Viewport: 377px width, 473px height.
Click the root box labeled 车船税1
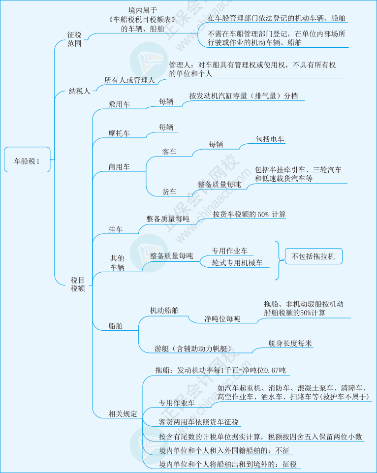click(x=27, y=159)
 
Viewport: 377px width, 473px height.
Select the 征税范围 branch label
click(x=74, y=39)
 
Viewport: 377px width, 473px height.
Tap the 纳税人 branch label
click(x=79, y=91)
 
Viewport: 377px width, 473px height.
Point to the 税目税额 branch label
click(x=77, y=284)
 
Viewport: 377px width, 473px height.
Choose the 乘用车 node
click(x=119, y=104)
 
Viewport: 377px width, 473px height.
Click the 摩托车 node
click(x=119, y=133)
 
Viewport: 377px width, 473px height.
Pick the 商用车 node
click(x=119, y=167)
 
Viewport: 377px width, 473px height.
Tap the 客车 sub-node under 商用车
click(x=169, y=152)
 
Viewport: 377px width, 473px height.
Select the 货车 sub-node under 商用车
click(x=169, y=192)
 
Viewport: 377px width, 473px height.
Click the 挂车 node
click(x=116, y=229)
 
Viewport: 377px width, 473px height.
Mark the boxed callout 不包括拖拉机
click(x=314, y=256)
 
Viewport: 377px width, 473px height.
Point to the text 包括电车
click(x=270, y=139)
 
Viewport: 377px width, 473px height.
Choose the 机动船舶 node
click(x=164, y=311)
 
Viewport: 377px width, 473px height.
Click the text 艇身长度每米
click(x=290, y=343)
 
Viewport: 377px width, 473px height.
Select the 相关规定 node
click(x=123, y=413)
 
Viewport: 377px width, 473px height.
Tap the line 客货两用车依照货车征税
click(x=199, y=422)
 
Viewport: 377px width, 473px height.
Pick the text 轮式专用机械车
click(x=237, y=263)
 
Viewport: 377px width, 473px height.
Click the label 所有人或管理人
click(x=129, y=80)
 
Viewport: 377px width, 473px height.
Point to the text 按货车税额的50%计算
click(x=250, y=215)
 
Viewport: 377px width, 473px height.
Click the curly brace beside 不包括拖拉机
click(x=279, y=260)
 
